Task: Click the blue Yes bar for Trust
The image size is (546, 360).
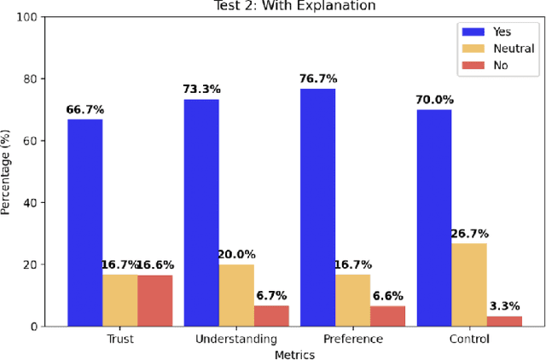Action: coord(85,223)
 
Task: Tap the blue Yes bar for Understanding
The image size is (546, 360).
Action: coord(201,212)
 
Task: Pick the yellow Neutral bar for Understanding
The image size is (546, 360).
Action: coord(236,295)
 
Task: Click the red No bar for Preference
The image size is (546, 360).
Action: coord(387,316)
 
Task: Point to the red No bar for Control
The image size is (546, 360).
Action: coord(503,321)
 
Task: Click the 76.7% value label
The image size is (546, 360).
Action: coord(317,79)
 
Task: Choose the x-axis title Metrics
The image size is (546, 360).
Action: coord(294,353)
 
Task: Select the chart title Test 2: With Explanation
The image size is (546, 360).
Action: coord(294,6)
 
